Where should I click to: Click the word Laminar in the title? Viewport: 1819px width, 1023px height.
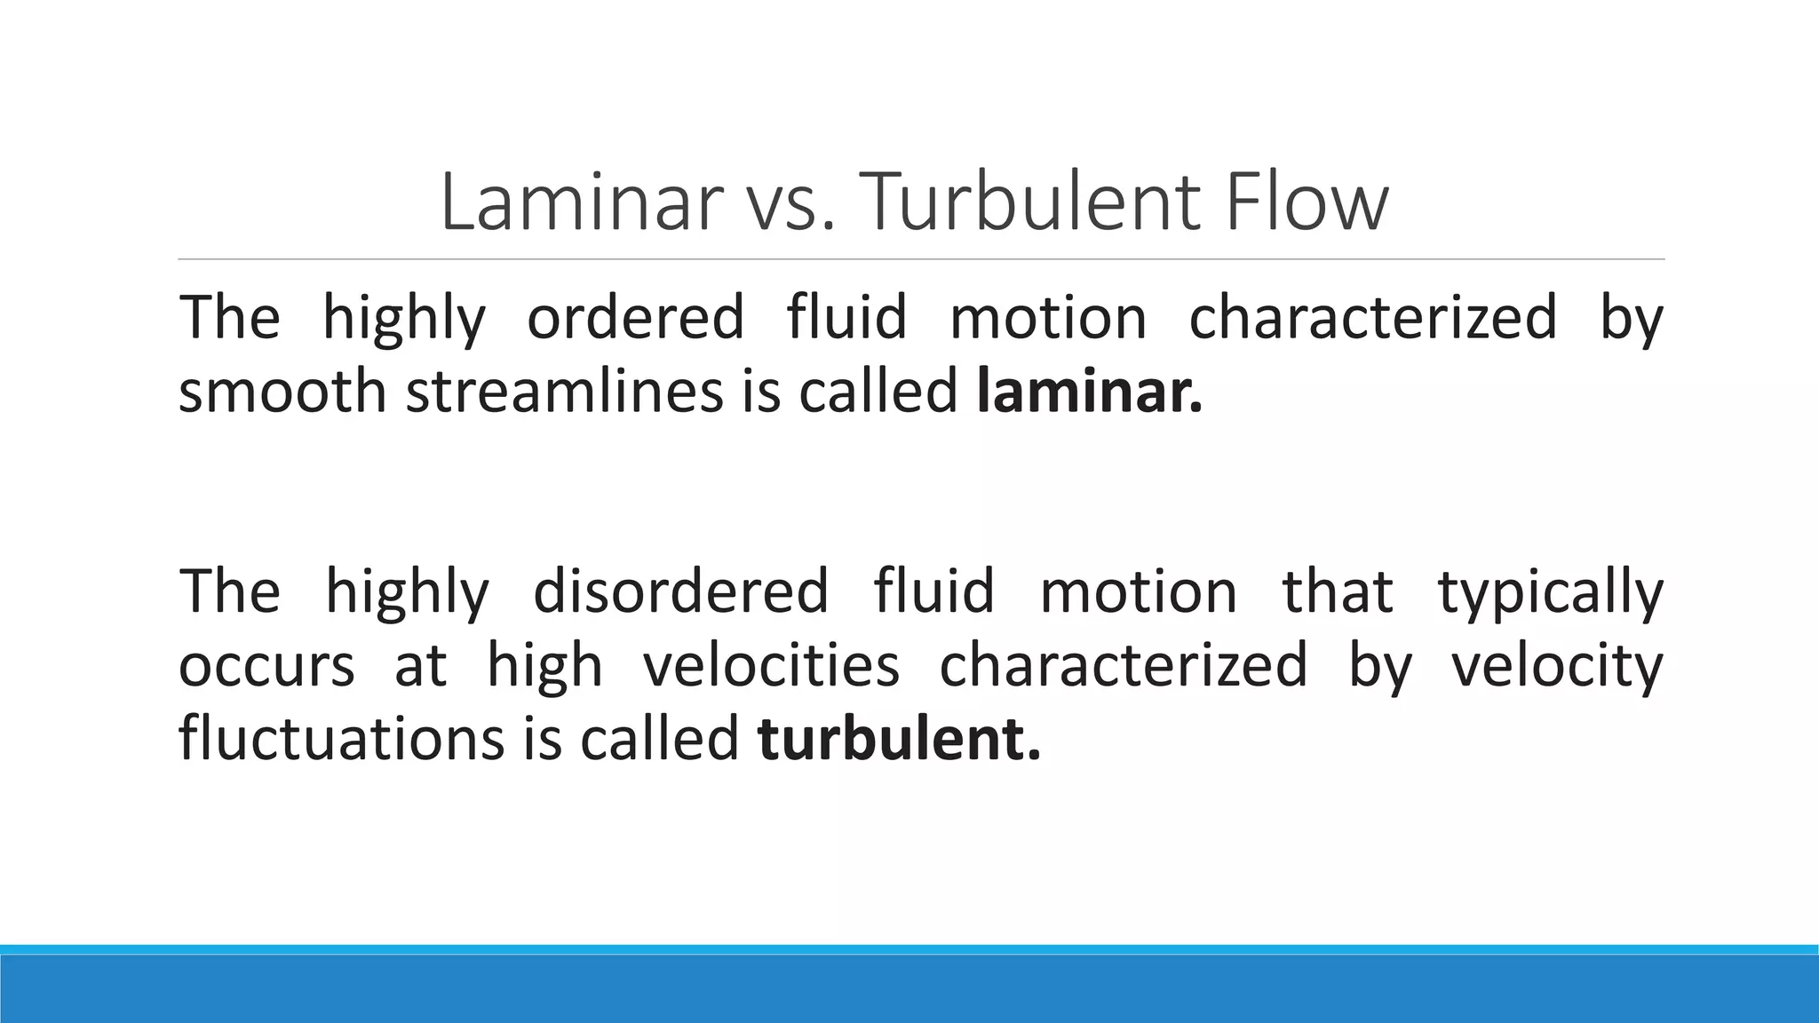coord(580,202)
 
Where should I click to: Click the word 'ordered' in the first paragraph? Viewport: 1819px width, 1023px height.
coord(635,317)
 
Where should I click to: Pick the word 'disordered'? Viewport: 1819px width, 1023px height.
coord(680,591)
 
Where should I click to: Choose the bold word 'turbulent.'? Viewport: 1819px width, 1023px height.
coord(899,739)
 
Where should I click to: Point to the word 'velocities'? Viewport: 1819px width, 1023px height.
coord(771,665)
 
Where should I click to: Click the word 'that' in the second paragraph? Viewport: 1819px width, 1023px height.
coord(1338,591)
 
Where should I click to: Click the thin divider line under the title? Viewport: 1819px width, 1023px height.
coord(921,259)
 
